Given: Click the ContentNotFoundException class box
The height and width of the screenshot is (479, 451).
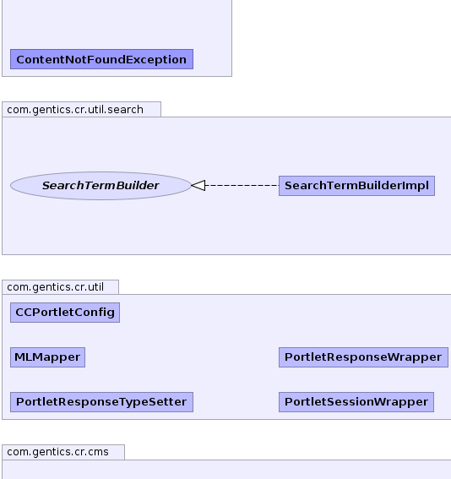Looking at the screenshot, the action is tap(101, 59).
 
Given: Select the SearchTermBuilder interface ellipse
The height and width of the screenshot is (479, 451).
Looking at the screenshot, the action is tap(101, 186).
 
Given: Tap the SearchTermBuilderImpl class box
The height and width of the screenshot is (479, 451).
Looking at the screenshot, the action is tap(356, 186).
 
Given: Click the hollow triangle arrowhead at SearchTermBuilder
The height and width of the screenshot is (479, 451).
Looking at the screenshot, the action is tap(198, 185).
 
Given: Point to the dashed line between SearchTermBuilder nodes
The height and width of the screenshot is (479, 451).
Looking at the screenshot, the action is tap(242, 185).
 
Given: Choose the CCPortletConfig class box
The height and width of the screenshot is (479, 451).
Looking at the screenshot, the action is tap(65, 313).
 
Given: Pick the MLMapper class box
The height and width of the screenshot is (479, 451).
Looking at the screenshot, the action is tap(47, 357).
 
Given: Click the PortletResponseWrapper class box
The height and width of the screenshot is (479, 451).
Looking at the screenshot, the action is tap(363, 357).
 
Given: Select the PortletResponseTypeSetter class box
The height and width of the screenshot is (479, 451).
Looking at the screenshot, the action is tap(101, 402).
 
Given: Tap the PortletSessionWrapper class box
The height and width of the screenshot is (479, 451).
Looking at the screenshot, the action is tap(356, 402).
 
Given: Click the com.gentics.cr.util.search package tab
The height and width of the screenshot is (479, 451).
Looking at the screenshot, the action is tap(82, 109).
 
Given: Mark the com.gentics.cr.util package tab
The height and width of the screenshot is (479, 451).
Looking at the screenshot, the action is tap(61, 287).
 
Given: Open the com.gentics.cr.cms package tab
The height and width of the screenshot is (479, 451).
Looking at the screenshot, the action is tap(63, 452).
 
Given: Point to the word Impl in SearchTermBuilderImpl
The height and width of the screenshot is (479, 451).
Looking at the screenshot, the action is tap(418, 186).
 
